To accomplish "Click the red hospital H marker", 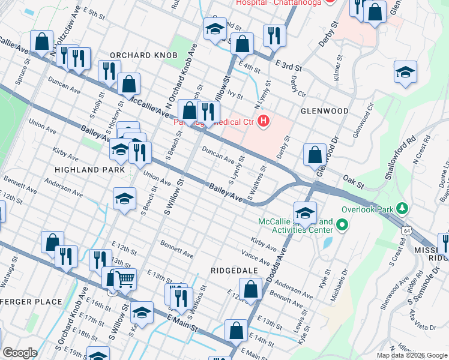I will (263, 122).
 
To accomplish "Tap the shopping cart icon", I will (124, 278).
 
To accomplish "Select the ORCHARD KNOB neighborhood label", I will (143, 55).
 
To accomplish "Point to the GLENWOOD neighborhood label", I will (325, 111).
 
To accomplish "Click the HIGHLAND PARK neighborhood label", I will (89, 170).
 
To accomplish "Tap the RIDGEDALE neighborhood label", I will (234, 271).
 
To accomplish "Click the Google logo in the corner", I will (19, 353).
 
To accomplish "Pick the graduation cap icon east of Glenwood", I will (405, 73).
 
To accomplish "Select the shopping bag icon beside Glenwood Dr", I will (315, 155).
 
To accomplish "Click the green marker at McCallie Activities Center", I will (342, 226).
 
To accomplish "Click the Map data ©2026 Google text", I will (412, 355).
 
